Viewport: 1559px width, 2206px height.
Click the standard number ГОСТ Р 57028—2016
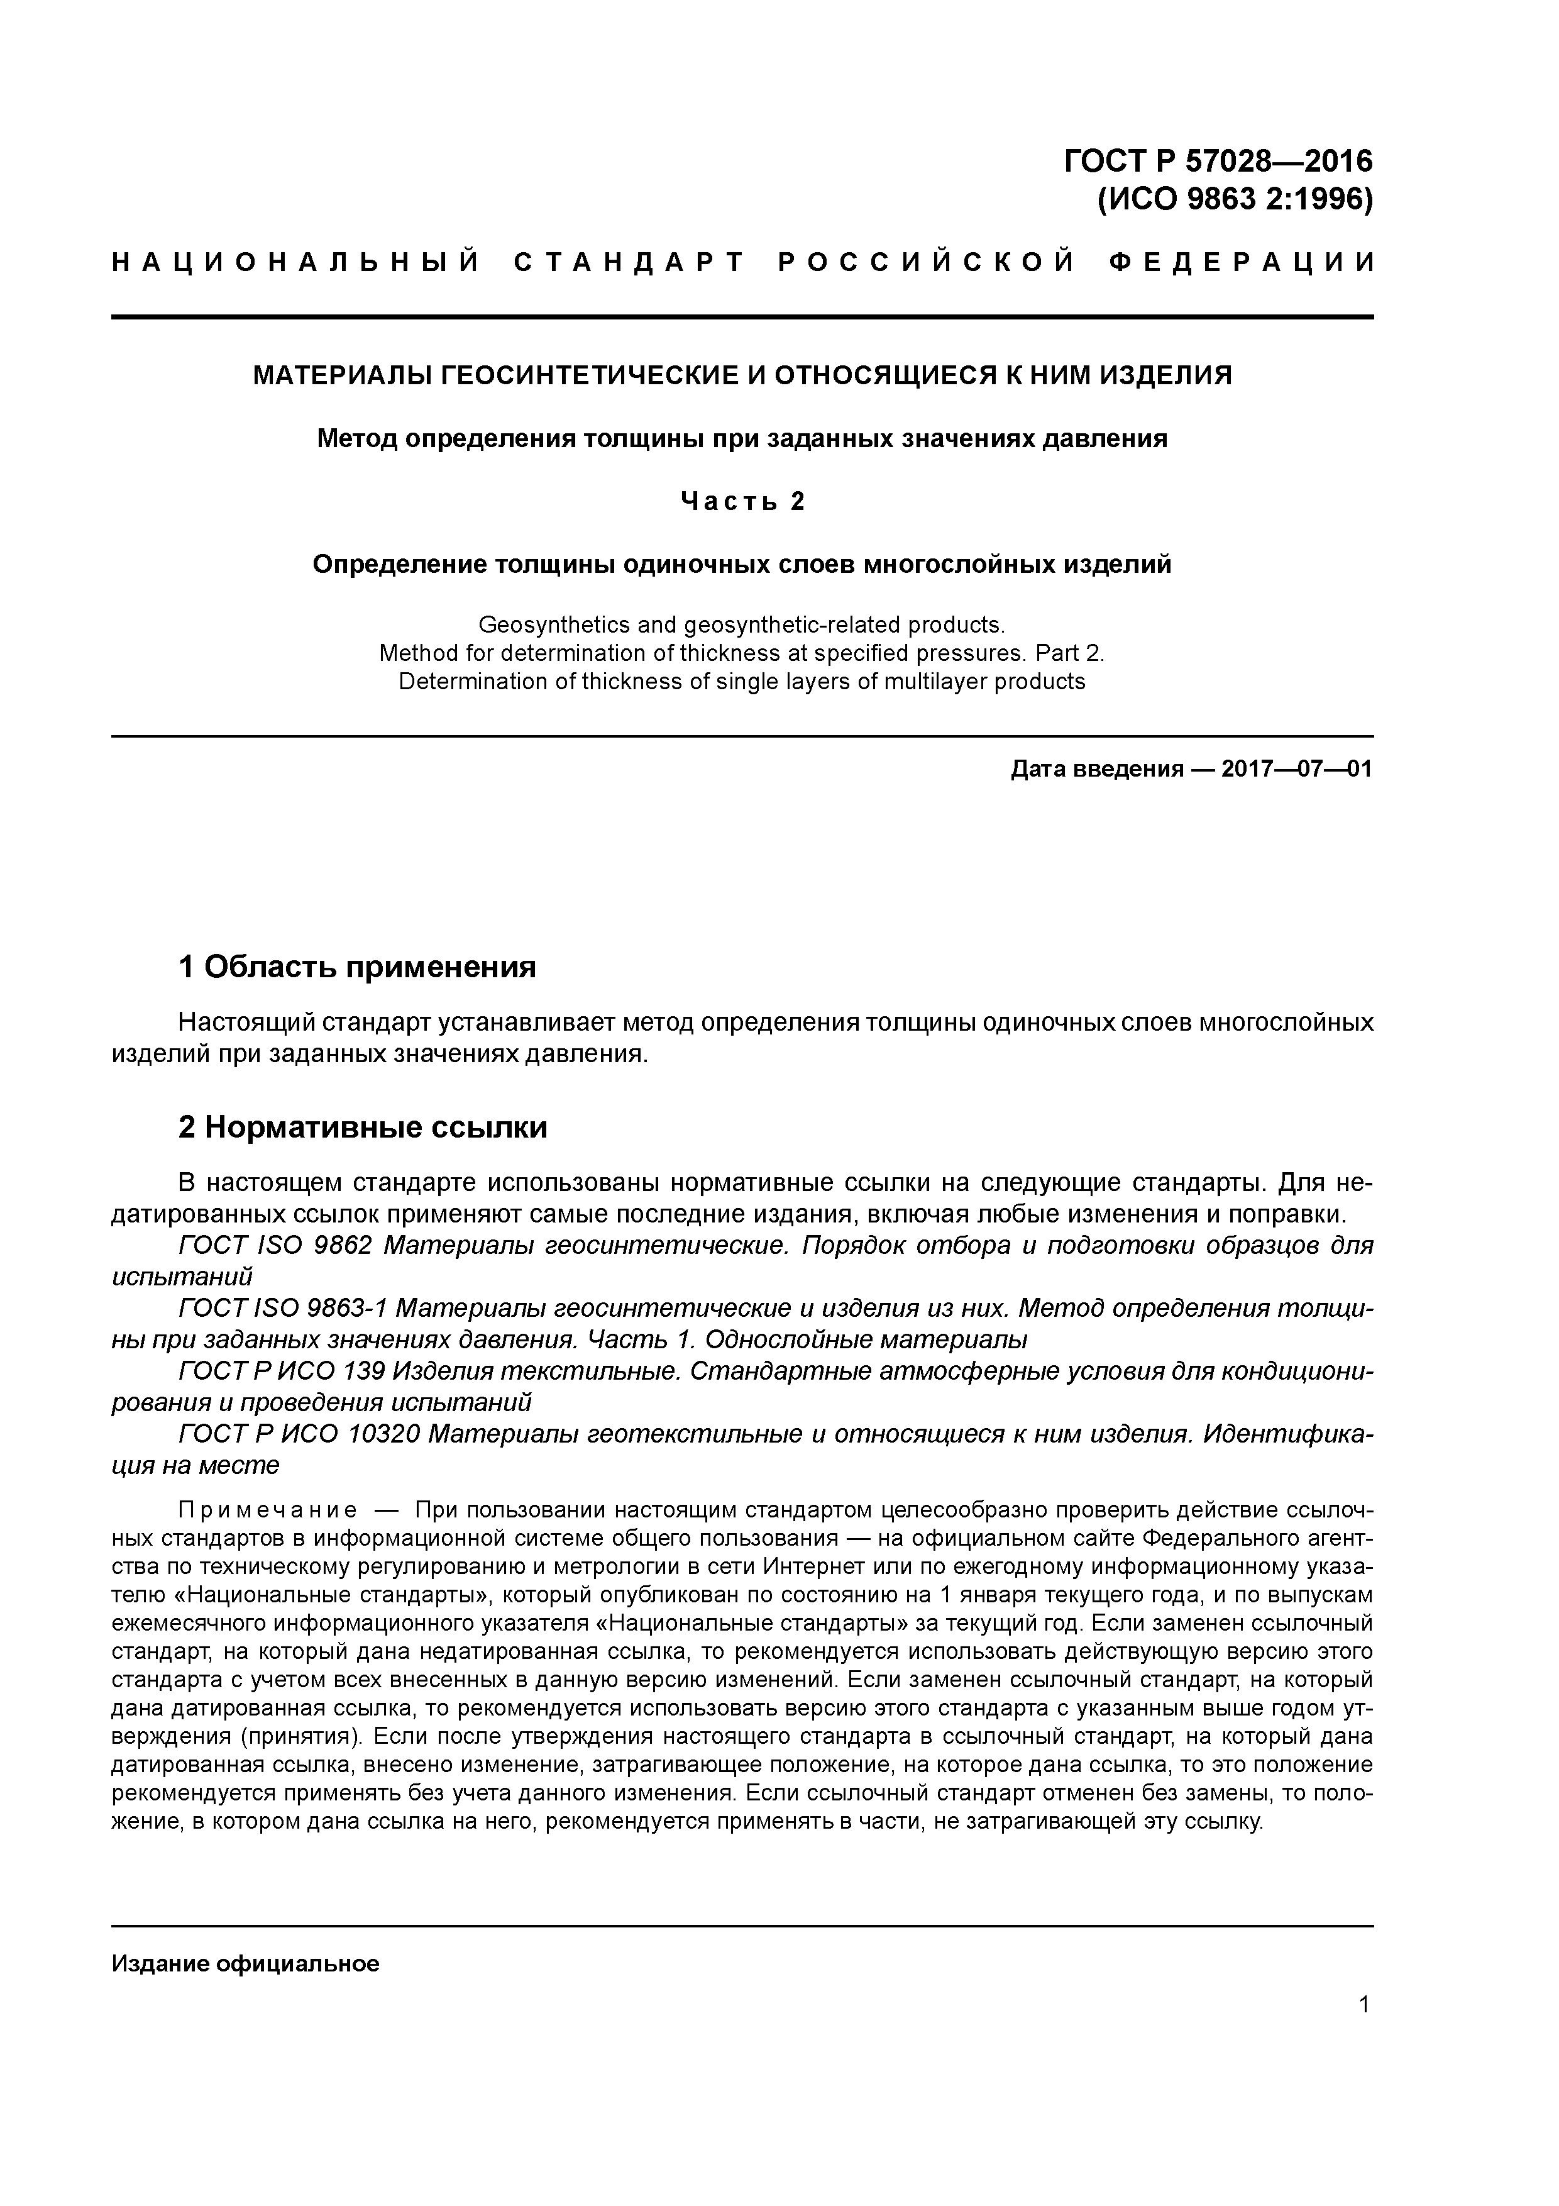[1218, 160]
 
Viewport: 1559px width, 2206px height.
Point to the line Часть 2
[742, 502]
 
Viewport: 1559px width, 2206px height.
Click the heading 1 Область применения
[356, 967]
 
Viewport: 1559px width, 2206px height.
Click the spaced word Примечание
[268, 1511]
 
